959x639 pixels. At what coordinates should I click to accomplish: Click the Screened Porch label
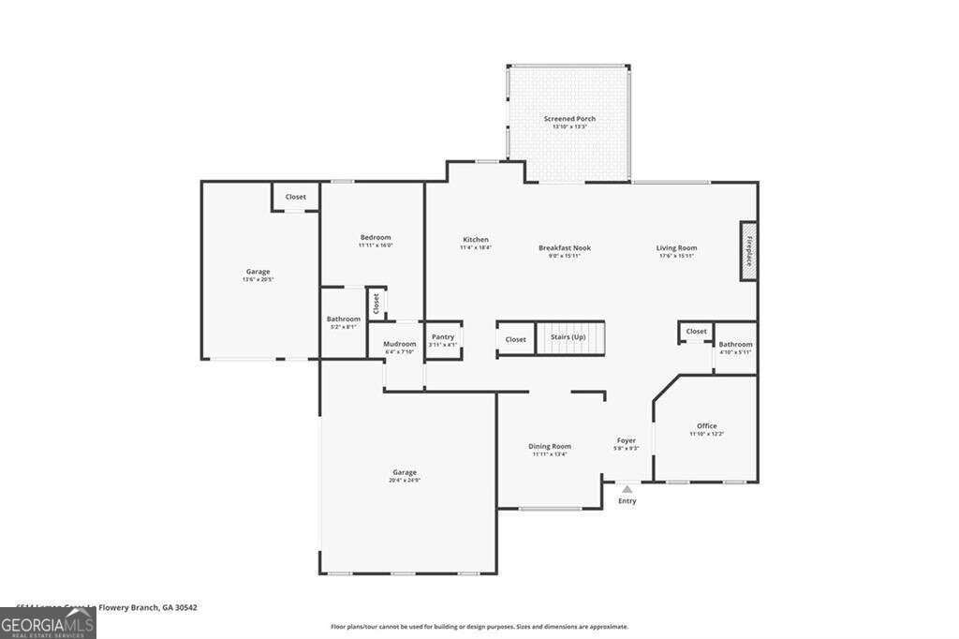569,120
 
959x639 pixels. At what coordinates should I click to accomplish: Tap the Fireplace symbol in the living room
748,250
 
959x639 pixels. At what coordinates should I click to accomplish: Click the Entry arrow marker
627,489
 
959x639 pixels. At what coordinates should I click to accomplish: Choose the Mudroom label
399,345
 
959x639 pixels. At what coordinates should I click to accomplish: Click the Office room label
706,426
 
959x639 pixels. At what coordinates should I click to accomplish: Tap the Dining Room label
550,447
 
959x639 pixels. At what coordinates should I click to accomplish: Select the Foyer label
627,441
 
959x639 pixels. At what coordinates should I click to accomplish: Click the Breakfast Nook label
565,248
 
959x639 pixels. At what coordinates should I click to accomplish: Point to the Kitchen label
475,240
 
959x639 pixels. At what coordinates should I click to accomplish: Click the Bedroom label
375,238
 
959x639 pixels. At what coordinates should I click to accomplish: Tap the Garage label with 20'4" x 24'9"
405,473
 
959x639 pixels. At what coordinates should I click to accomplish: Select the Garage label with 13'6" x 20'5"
258,273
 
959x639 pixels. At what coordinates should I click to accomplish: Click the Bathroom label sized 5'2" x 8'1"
343,319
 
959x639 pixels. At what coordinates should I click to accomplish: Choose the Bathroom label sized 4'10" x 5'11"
735,345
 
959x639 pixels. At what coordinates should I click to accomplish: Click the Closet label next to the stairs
516,339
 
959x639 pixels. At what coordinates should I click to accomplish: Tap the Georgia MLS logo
48,623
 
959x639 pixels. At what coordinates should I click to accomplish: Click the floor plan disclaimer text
479,627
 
